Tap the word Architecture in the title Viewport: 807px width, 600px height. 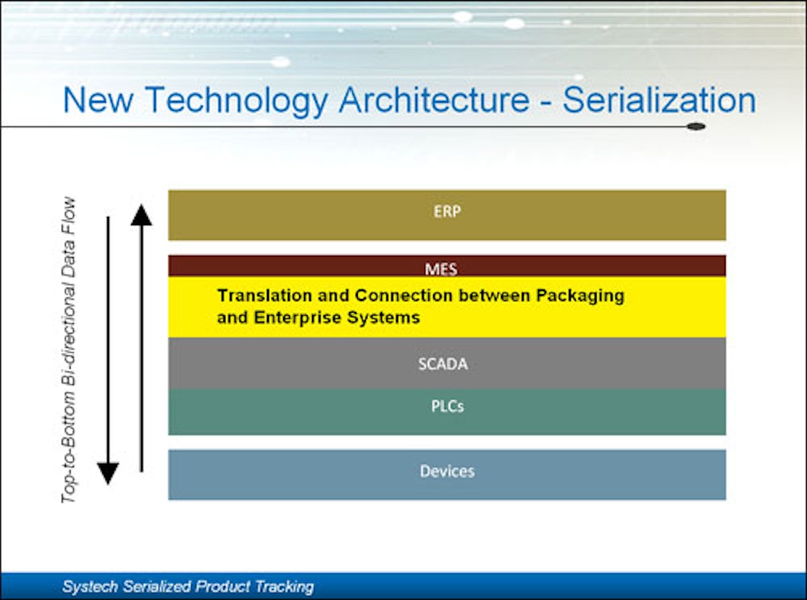[434, 101]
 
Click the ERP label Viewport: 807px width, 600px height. [447, 210]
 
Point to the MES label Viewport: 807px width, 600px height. [441, 269]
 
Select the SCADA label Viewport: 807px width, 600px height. [443, 365]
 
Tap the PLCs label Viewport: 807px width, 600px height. [447, 406]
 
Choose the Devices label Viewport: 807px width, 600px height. [447, 471]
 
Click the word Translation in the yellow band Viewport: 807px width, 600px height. [265, 296]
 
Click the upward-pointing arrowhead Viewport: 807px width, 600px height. [141, 215]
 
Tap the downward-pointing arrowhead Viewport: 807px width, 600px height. [108, 473]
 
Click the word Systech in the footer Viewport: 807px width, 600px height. [87, 587]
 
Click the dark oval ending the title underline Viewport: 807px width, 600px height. [696, 126]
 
